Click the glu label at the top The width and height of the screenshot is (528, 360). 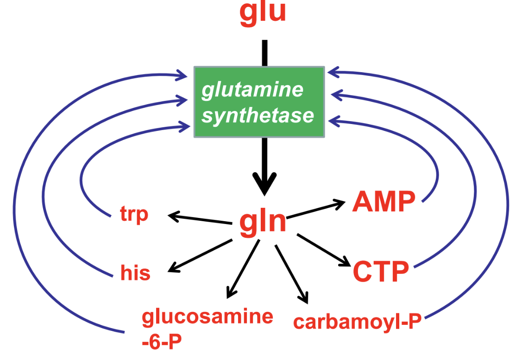pos(263,13)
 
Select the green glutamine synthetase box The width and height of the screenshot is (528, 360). pos(259,102)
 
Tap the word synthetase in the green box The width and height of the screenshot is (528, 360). pos(258,115)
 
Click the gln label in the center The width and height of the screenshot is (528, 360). pos(263,222)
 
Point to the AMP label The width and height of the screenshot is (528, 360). pos(383,202)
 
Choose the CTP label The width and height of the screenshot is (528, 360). pos(381,272)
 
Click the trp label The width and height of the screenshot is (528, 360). pos(134,215)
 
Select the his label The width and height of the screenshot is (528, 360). pos(135,273)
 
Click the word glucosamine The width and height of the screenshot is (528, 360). pos(207,317)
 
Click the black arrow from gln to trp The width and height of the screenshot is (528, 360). pos(200,219)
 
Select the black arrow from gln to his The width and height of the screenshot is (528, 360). pos(200,255)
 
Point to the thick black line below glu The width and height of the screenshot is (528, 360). pos(264,53)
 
